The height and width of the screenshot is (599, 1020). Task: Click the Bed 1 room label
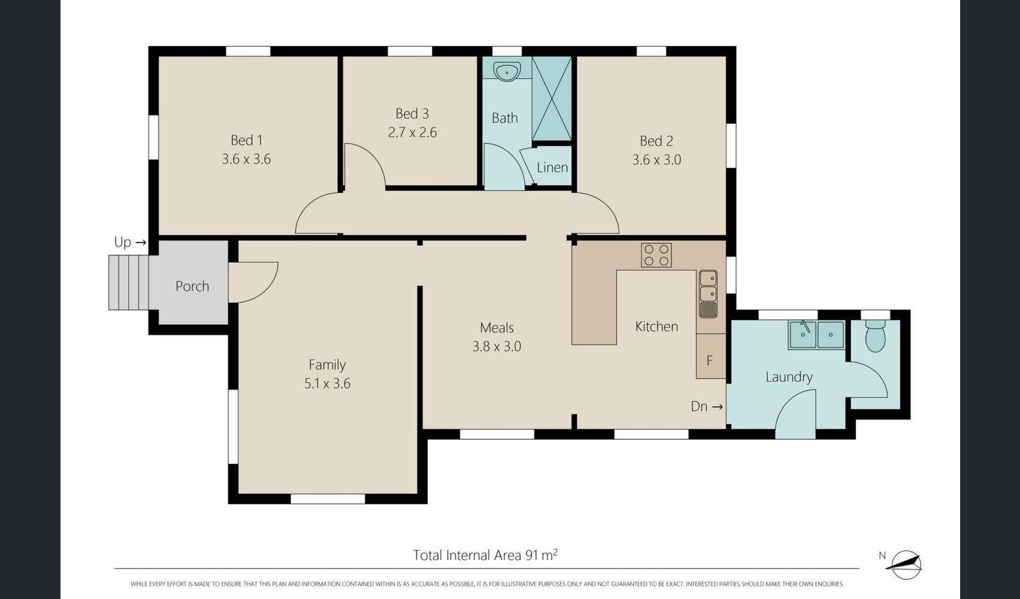pos(246,140)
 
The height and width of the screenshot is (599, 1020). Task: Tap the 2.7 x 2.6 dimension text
pos(412,132)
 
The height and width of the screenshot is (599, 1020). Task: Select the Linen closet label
pos(552,168)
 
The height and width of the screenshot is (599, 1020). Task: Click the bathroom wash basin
pos(507,72)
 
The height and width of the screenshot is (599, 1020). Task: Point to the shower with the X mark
pos(552,98)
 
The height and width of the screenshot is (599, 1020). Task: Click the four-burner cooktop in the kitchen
pos(656,255)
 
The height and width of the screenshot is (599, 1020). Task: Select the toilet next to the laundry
pos(875,336)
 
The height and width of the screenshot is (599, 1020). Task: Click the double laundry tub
pos(816,335)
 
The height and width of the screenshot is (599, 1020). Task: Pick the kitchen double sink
pos(708,294)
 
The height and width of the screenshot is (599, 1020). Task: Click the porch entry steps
pos(128,282)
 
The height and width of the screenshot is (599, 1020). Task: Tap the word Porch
pos(192,286)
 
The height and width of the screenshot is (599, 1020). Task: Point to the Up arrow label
pos(130,242)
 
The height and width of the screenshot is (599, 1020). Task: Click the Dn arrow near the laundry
pos(707,406)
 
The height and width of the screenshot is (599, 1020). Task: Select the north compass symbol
pos(905,565)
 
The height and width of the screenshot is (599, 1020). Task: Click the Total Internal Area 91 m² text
pos(485,555)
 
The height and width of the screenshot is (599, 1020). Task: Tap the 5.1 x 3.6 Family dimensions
pos(328,384)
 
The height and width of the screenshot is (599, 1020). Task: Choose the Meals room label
pos(497,327)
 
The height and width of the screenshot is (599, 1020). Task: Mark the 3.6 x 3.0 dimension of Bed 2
pos(656,160)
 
